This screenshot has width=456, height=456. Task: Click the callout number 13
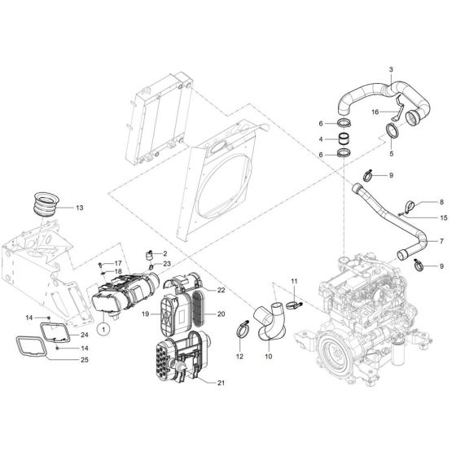pos(78,208)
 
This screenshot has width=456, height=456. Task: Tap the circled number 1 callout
pos(103,329)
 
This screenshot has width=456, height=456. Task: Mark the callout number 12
pos(239,357)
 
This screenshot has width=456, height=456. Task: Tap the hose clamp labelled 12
pos(242,330)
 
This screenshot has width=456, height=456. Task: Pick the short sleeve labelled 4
pos(345,139)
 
